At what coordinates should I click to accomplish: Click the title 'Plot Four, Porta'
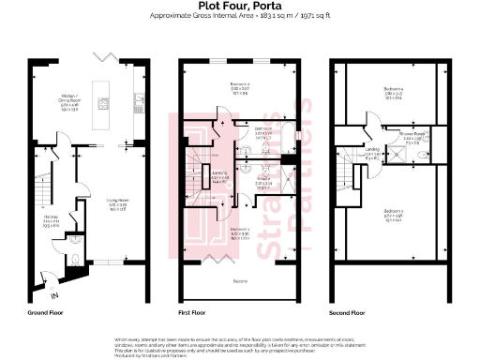pos(239,6)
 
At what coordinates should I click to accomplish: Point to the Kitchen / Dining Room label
pos(70,100)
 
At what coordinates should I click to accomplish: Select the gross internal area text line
pos(239,17)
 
